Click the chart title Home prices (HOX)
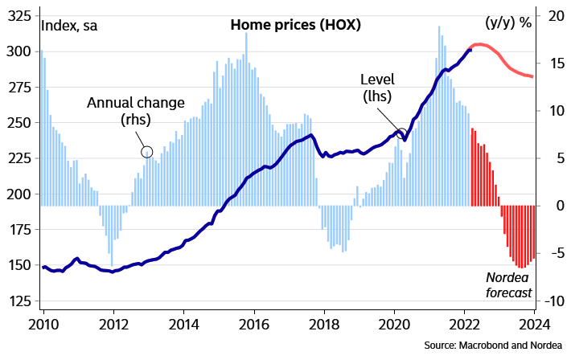(295, 24)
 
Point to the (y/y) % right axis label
(509, 22)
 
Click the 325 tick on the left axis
(22, 16)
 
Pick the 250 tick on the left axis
(22, 123)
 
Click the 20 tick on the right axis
(554, 16)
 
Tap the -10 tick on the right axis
(554, 301)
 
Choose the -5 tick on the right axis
(554, 254)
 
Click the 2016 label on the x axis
(254, 325)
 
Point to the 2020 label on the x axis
(394, 325)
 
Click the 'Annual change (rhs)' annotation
(135, 111)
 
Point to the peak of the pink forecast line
(480, 44)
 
